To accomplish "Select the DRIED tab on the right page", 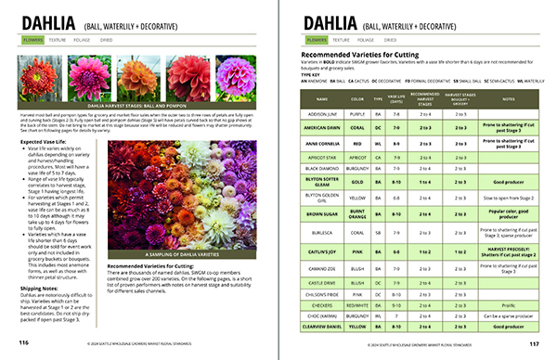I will (x=395, y=40).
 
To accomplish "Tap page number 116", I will (x=23, y=343).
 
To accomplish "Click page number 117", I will (x=534, y=343).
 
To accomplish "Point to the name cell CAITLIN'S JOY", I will (x=320, y=251).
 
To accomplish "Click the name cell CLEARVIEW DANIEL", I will (x=320, y=326).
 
